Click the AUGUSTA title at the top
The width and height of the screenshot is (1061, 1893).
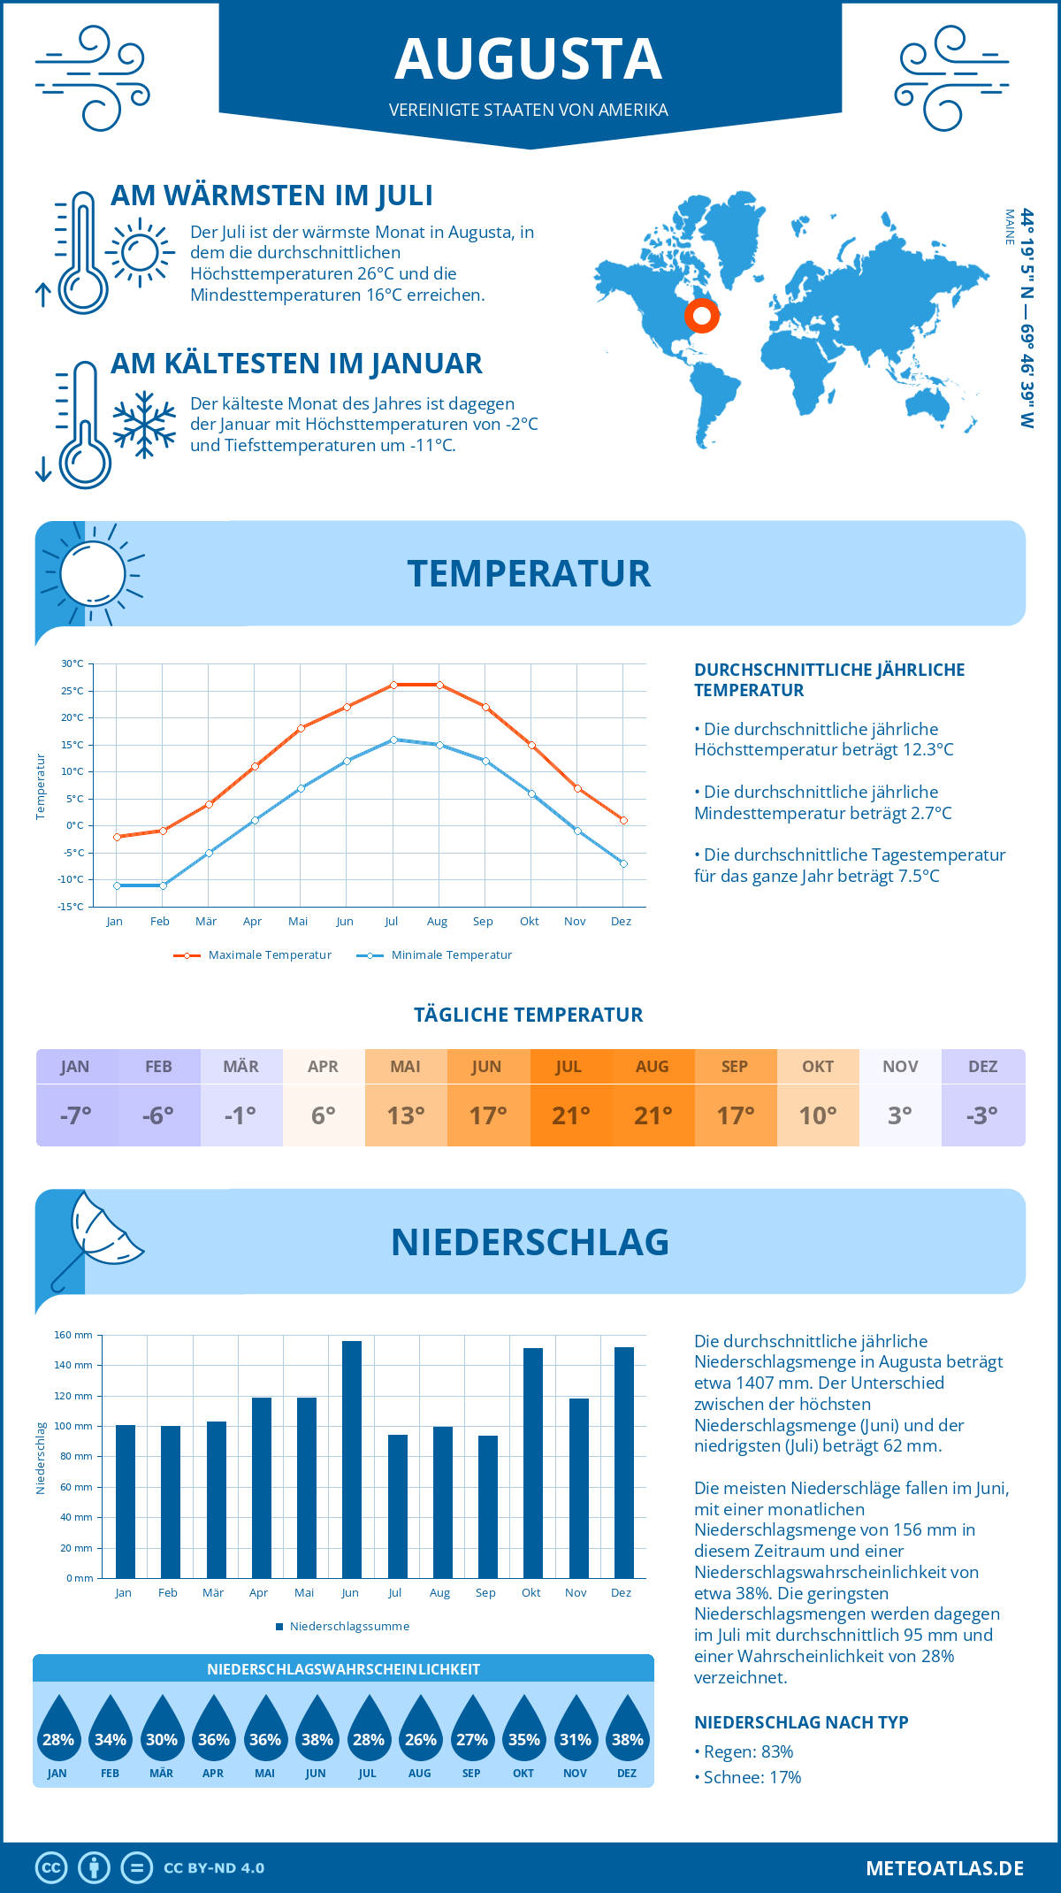point(529,59)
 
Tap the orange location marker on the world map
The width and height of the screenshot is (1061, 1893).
point(702,315)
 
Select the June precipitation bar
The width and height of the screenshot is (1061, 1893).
point(351,1459)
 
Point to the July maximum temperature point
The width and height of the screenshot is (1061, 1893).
point(393,685)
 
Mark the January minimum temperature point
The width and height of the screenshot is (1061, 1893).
point(117,885)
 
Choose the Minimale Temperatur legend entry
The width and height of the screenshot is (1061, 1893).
point(434,955)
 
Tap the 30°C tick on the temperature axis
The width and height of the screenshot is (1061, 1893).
point(73,663)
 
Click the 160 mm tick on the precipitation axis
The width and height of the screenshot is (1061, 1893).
point(73,1335)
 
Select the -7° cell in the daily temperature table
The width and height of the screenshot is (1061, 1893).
point(76,1115)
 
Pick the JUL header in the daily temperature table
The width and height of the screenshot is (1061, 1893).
point(569,1067)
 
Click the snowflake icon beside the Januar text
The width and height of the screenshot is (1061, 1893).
point(144,425)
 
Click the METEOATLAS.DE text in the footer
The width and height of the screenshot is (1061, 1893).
point(944,1868)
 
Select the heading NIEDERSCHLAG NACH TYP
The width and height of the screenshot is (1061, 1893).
point(801,1722)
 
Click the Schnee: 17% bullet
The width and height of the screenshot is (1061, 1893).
point(748,1777)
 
